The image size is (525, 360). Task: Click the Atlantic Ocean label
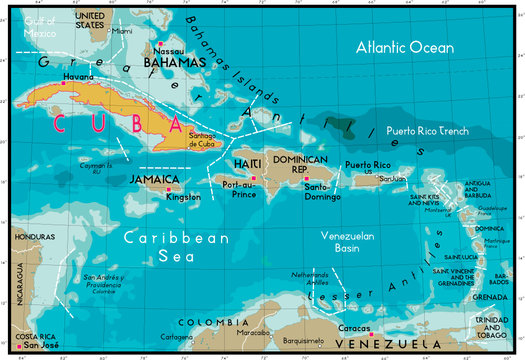pos(405,46)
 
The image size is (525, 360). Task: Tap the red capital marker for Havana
pos(64,83)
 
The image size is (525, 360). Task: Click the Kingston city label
pos(183,197)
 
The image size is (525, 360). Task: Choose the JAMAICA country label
pos(154,179)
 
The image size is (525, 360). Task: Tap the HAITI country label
pos(248,163)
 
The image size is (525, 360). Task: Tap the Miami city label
pos(122,31)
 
